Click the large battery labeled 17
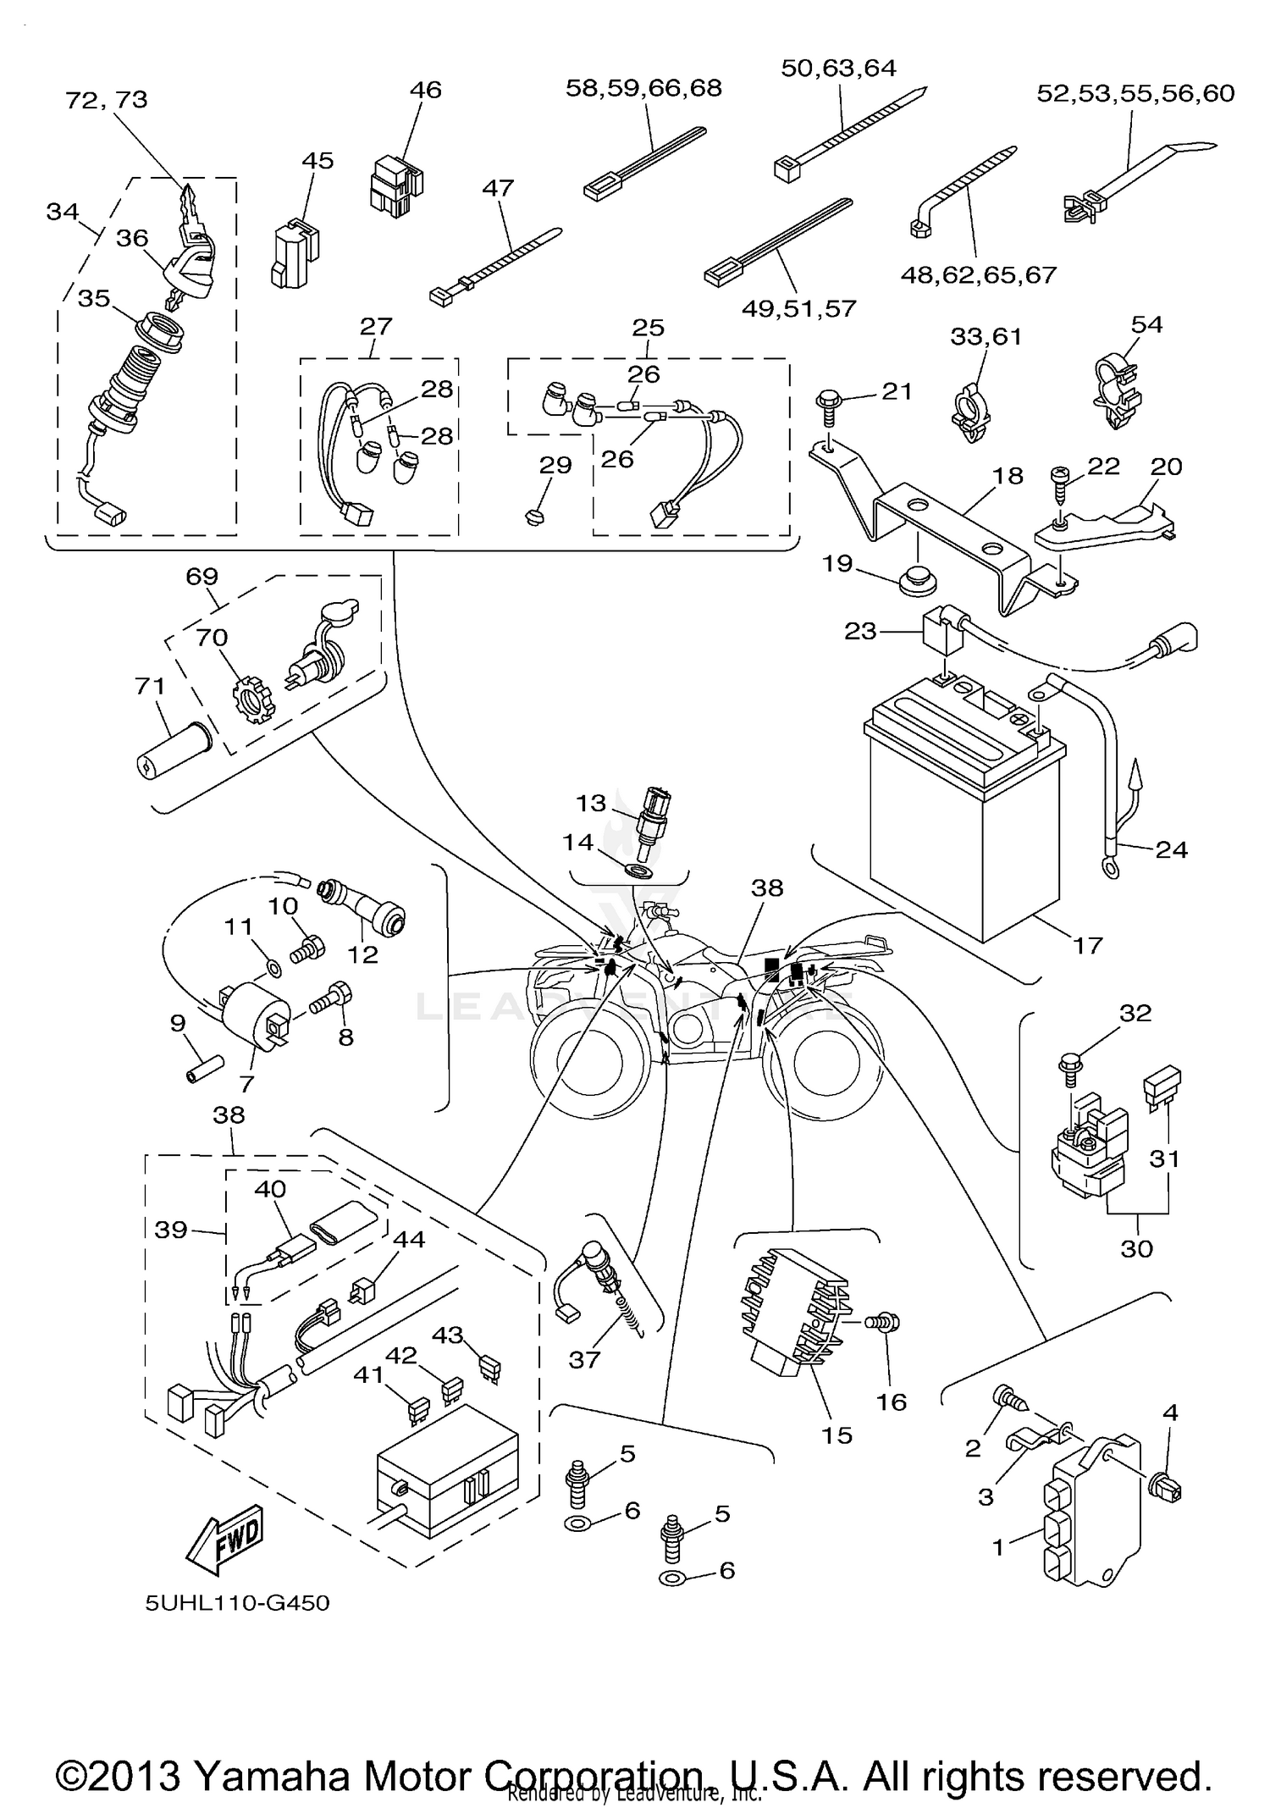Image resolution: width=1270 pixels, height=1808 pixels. (965, 813)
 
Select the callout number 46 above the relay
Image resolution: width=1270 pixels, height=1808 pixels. (426, 90)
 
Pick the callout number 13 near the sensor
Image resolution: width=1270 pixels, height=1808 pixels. (591, 802)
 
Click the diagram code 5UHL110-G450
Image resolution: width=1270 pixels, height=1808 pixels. (237, 1603)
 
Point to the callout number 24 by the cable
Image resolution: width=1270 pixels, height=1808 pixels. (1171, 849)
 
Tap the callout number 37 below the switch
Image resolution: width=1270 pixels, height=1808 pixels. (584, 1359)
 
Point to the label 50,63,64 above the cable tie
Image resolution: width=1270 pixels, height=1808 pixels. (838, 68)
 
